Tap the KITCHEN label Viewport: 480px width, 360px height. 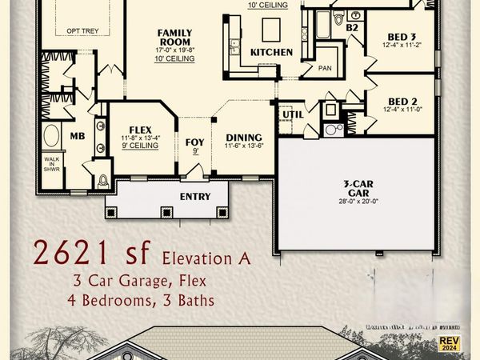coord(271,52)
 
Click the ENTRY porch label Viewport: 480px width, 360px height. coord(194,197)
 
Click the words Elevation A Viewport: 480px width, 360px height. coord(206,258)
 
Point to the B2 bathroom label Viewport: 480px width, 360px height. coord(351,27)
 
